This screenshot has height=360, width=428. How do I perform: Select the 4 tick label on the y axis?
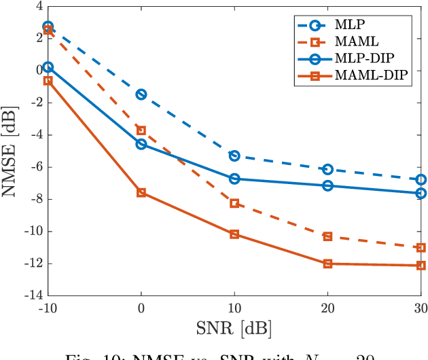pos(38,6)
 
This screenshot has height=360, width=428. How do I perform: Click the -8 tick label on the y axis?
pos(35,199)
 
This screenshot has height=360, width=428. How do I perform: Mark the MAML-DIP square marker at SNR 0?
pos(141,193)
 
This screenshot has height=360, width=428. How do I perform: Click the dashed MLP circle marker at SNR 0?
pos(141,94)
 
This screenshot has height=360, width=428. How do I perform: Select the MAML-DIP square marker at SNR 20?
pos(327,264)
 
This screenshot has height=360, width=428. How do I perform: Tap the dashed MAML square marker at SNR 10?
pos(234,203)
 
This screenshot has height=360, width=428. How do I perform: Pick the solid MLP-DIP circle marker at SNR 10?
pos(234,179)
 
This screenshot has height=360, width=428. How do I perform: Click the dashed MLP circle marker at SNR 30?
pos(421,180)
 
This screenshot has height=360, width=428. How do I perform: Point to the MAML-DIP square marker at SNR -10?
pos(48,80)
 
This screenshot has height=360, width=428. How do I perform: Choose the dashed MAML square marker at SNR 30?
pos(421,248)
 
